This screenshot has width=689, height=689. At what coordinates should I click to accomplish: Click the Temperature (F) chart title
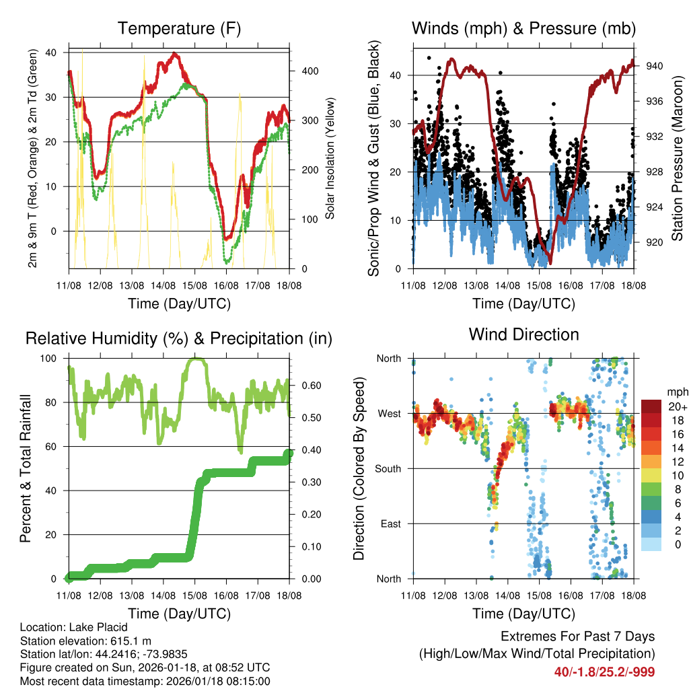tap(179, 29)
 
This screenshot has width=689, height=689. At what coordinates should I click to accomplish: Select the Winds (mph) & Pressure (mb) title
tap(523, 29)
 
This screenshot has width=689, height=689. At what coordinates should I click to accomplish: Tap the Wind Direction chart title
tap(523, 334)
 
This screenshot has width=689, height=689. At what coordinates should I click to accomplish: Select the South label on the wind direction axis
tap(389, 468)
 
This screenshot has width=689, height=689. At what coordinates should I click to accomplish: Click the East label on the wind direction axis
tap(392, 523)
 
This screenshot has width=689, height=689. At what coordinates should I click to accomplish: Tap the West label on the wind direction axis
tap(390, 413)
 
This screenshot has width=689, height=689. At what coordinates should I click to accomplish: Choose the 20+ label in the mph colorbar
tap(676, 406)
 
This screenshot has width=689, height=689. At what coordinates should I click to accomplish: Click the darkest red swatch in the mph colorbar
tap(651, 406)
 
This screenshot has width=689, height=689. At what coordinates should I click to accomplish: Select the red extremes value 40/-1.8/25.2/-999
tap(604, 672)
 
